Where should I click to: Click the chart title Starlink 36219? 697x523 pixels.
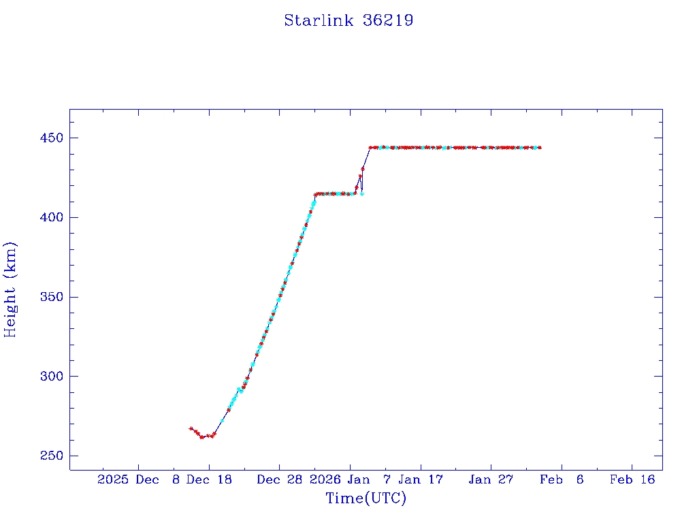(x=348, y=20)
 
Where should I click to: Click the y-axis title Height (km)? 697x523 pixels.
(x=10, y=289)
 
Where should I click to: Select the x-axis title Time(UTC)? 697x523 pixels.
(x=366, y=498)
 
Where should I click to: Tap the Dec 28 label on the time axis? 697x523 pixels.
(x=280, y=479)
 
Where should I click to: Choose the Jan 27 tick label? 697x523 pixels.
(x=491, y=479)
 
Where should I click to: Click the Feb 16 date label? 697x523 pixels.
(x=632, y=479)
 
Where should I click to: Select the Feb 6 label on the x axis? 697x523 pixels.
(x=562, y=479)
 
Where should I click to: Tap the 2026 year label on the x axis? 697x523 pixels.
(x=325, y=479)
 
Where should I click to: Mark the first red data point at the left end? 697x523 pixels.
(x=191, y=428)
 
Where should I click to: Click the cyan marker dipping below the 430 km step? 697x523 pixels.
(x=362, y=194)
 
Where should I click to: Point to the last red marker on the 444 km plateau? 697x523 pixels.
(x=540, y=147)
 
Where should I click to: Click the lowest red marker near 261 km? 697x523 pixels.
(x=201, y=437)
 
